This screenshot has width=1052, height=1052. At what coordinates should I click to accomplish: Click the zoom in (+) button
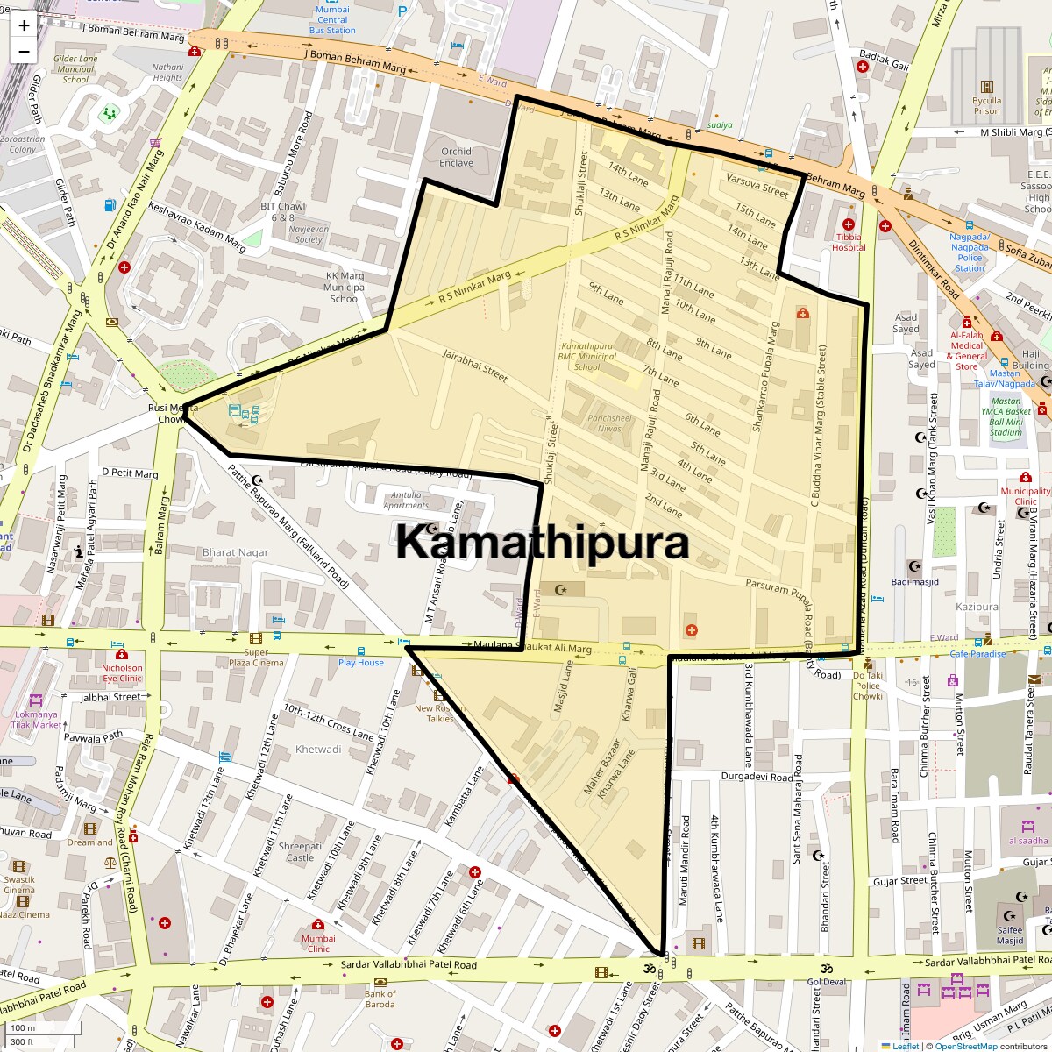(x=24, y=25)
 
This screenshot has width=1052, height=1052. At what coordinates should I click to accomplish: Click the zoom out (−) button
(x=24, y=51)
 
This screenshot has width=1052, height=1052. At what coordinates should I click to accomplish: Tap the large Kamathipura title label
(x=542, y=543)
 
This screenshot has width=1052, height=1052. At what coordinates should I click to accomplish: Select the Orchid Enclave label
(x=456, y=157)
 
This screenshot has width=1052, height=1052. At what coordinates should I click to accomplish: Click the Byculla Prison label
(x=986, y=106)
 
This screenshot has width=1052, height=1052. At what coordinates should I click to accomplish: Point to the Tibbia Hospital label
(x=848, y=242)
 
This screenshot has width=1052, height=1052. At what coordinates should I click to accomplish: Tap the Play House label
(x=361, y=663)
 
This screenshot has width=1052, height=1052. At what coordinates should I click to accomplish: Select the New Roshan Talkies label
(x=439, y=714)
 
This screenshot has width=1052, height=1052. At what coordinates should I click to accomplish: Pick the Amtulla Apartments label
(x=406, y=500)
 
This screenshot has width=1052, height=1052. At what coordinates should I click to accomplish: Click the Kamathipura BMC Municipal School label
(x=586, y=357)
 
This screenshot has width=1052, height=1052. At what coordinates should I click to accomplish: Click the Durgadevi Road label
(x=757, y=777)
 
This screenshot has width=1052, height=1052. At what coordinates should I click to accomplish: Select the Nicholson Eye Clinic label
(x=121, y=673)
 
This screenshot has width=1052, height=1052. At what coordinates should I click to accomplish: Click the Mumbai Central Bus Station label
(x=332, y=20)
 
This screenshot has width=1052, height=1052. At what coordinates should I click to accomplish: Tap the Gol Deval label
(x=826, y=982)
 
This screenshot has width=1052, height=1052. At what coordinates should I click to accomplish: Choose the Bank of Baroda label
(x=380, y=999)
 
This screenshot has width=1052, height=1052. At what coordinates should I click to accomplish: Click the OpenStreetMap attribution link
(x=965, y=1046)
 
